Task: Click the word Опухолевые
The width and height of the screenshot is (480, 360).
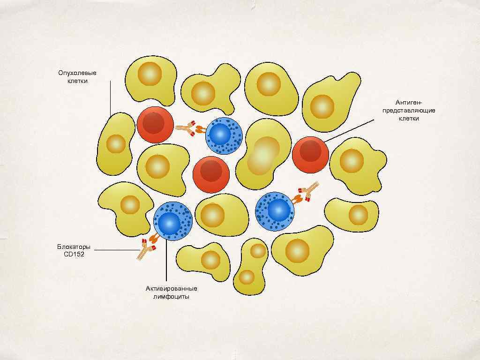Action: coord(77,73)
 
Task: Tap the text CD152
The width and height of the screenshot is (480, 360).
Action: coord(74,255)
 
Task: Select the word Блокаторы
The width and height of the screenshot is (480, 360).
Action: coord(74,247)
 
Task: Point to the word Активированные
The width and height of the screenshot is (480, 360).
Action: coord(172,288)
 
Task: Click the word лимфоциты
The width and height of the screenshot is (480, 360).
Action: coord(172,297)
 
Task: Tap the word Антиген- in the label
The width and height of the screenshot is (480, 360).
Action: coord(409,102)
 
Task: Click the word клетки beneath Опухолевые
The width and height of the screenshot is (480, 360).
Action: coord(77,81)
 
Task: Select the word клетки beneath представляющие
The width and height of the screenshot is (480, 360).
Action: coord(409,119)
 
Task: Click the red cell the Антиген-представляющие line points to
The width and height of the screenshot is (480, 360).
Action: coord(310,154)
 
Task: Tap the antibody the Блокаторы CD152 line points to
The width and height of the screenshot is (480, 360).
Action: coord(147,248)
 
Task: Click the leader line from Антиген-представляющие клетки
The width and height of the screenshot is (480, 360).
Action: coord(349,129)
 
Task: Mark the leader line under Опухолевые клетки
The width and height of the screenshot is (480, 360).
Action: coord(110,98)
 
